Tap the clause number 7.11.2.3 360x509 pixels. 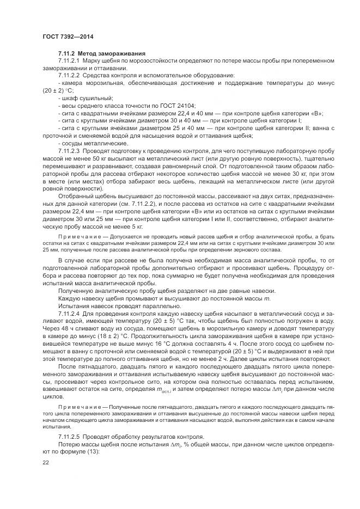pyautogui.click(x=69, y=149)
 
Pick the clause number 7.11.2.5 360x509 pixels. pyautogui.click(x=69, y=438)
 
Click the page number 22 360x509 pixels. pyautogui.click(x=46, y=462)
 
